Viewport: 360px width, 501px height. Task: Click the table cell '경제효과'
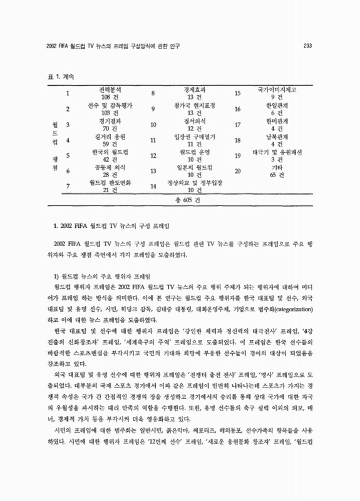pos(193,90)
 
